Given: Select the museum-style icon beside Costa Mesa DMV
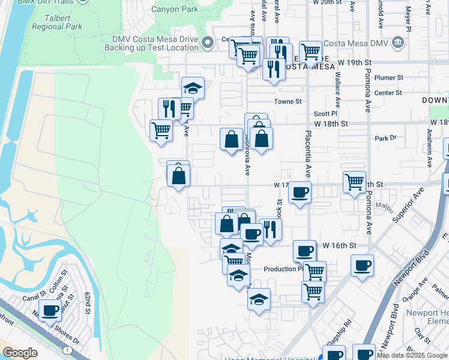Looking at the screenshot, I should (x=397, y=43).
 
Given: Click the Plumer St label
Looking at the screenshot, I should (x=388, y=77).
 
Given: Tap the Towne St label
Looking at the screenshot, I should (x=288, y=101).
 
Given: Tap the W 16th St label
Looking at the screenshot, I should (x=339, y=245).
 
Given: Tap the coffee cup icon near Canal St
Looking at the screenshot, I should (x=50, y=311).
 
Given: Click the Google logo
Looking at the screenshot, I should (x=20, y=353).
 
